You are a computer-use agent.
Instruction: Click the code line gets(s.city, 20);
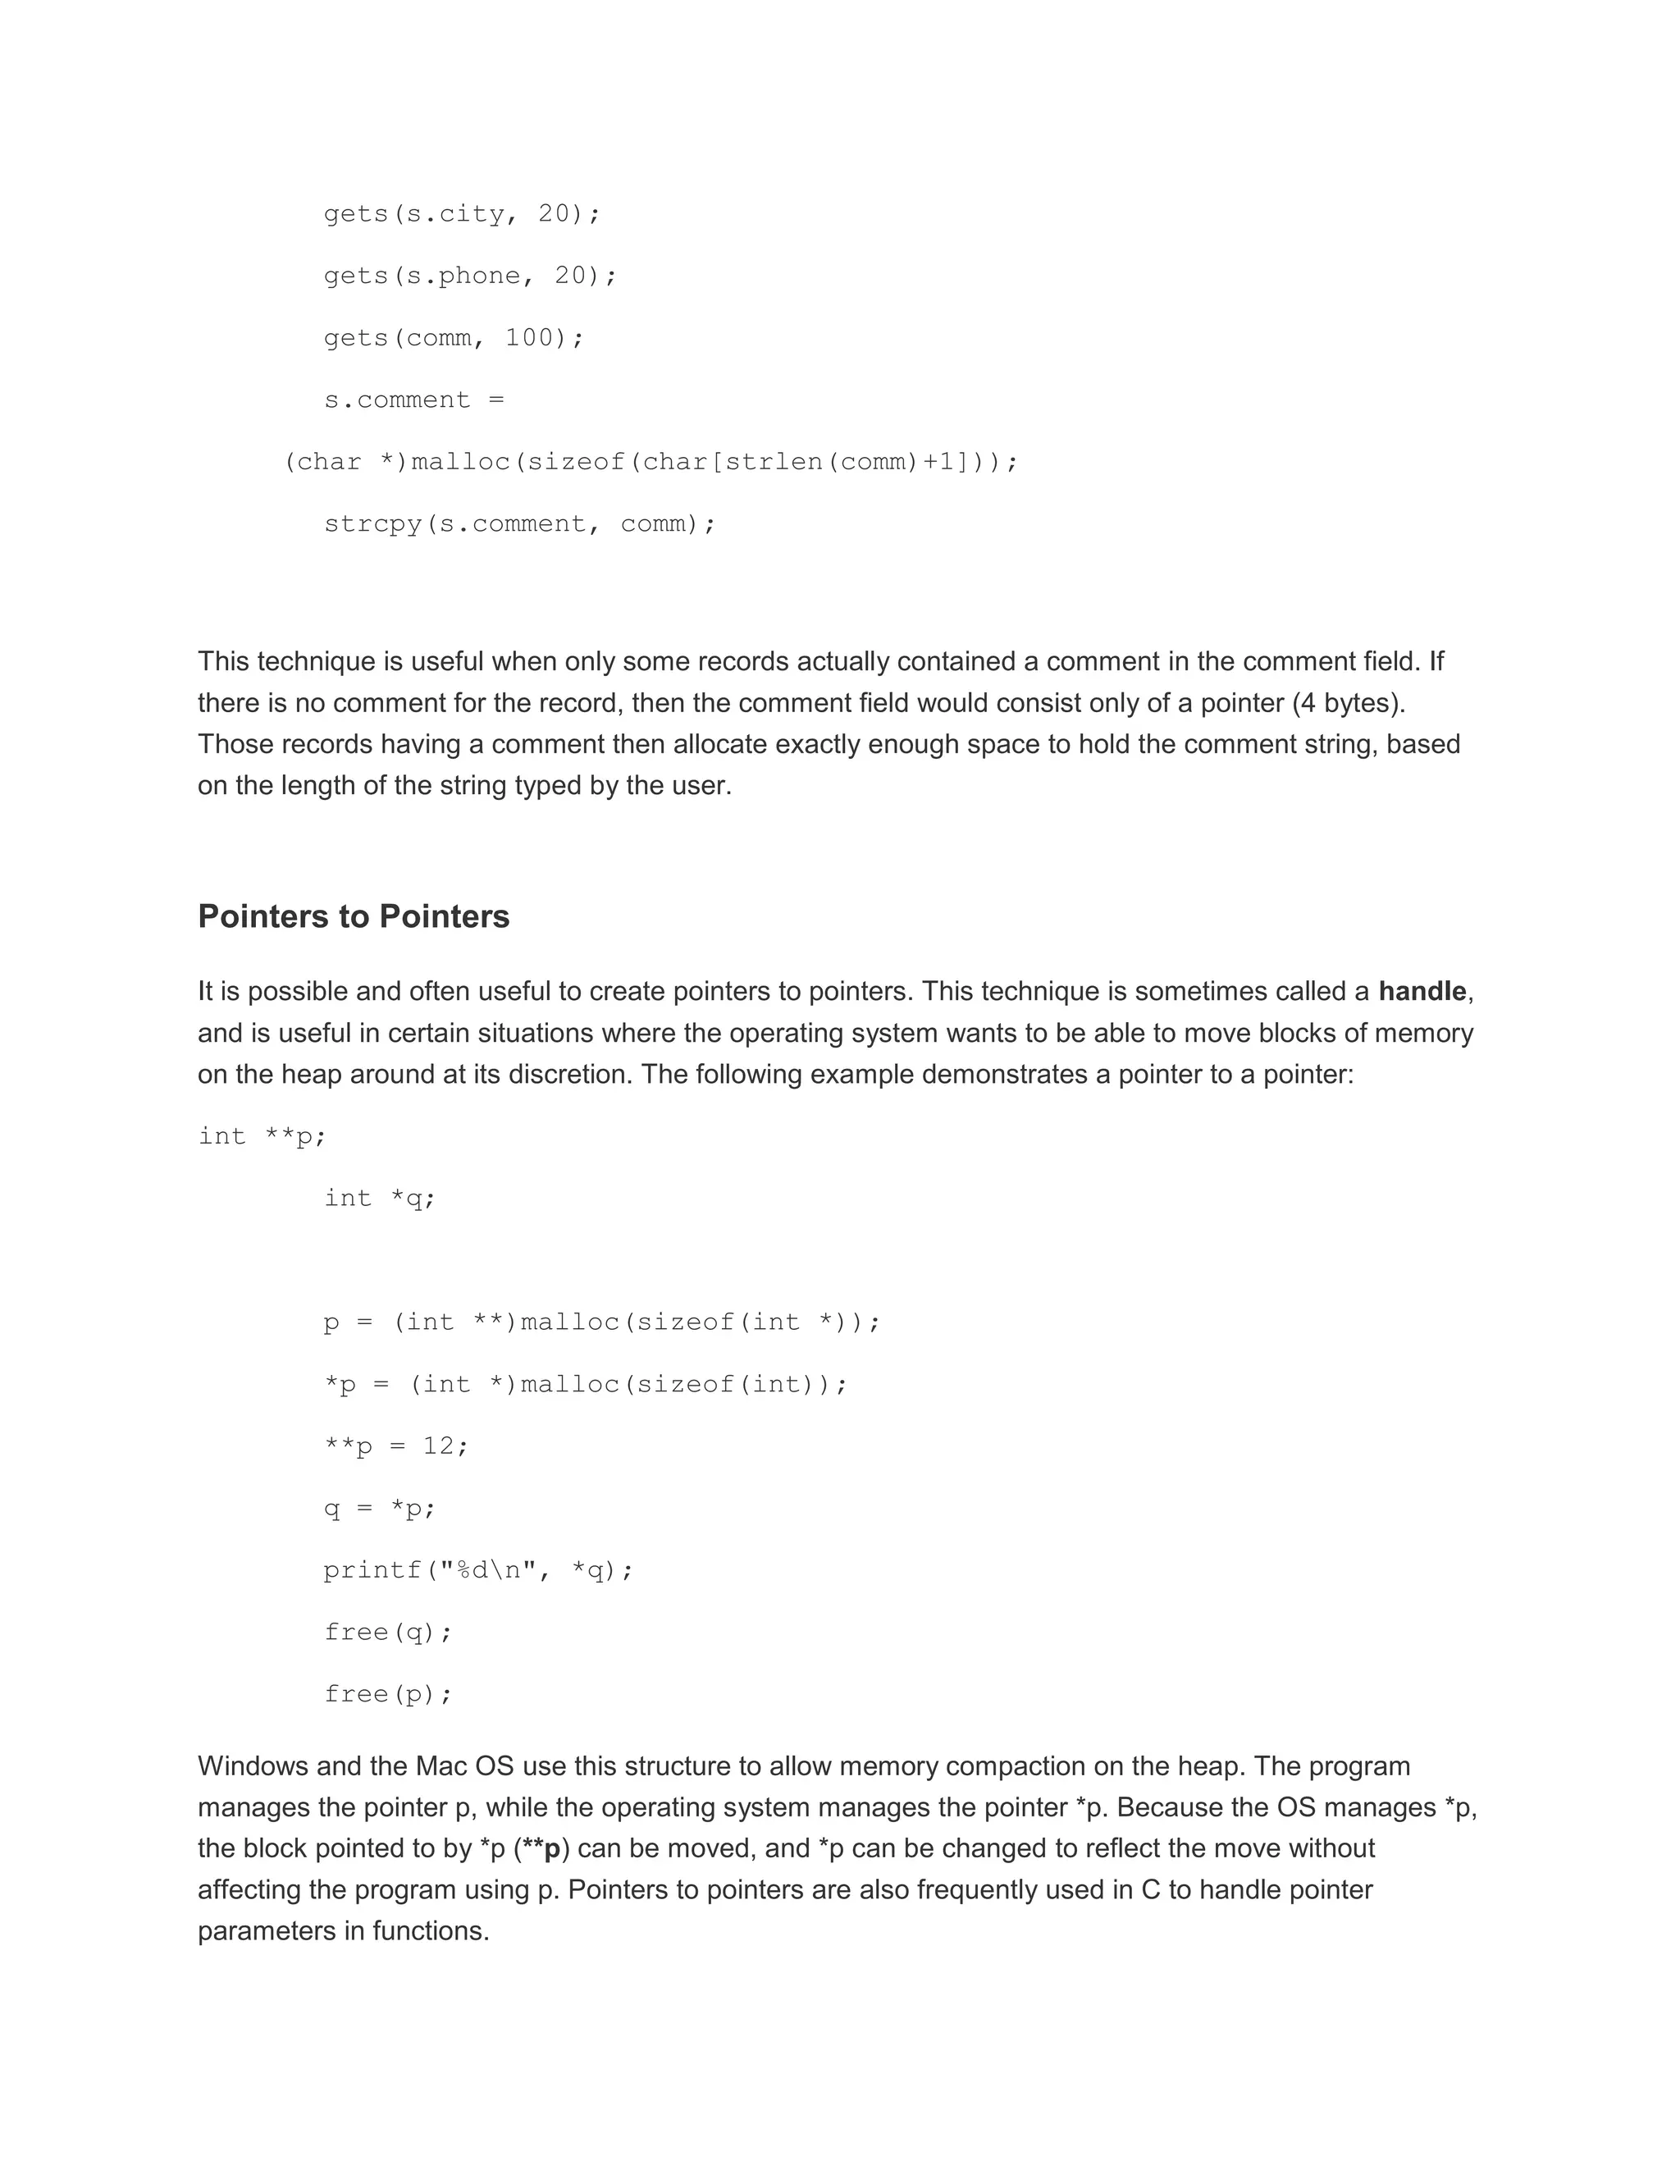click(462, 214)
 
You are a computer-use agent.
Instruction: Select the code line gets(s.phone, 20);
click(470, 276)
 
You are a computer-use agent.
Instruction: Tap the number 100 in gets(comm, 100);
click(528, 337)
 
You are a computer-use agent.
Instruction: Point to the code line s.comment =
click(414, 400)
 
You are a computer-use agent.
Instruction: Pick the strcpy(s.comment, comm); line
click(519, 523)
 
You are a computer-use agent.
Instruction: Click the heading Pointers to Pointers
click(354, 916)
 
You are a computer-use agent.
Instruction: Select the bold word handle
click(1422, 992)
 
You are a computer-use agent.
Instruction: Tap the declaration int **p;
click(262, 1135)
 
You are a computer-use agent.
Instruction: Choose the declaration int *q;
click(380, 1198)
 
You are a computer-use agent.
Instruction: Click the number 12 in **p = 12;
click(438, 1446)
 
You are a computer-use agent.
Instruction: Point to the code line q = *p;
click(380, 1508)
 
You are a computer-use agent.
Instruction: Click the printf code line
click(477, 1569)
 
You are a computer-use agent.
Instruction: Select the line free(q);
click(388, 1632)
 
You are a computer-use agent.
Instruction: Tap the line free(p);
click(388, 1694)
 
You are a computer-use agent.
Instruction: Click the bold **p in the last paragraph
click(541, 1848)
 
